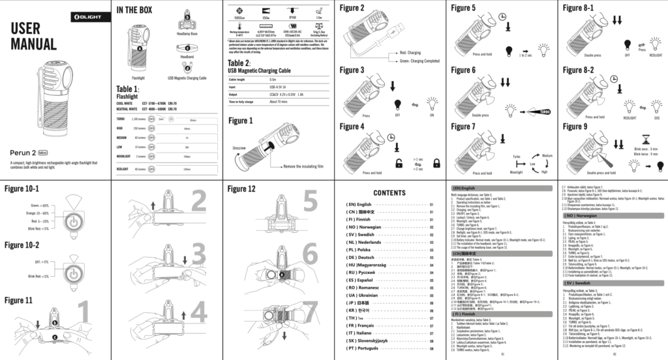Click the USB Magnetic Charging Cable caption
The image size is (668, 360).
point(187,78)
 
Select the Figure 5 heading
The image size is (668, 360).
point(464,8)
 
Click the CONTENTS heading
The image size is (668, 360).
point(389,192)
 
